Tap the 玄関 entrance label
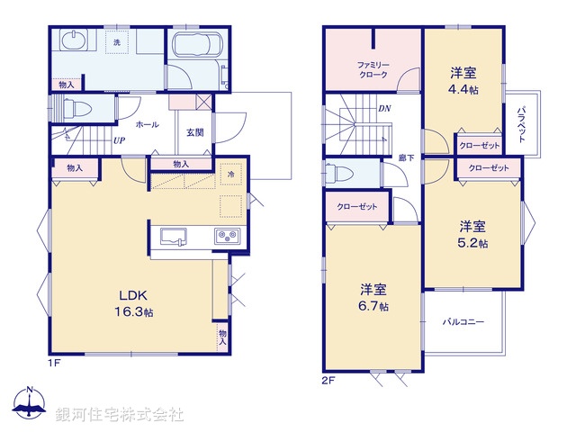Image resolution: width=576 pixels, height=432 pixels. [x=195, y=131]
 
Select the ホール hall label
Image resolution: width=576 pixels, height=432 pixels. [x=148, y=125]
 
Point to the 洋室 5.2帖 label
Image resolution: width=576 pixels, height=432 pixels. [x=472, y=234]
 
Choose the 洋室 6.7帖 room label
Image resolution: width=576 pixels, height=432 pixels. [x=373, y=298]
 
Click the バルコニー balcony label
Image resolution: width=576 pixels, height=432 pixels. [x=463, y=321]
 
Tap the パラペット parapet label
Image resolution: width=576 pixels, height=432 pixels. [x=521, y=123]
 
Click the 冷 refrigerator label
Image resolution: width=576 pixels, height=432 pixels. [x=231, y=174]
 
